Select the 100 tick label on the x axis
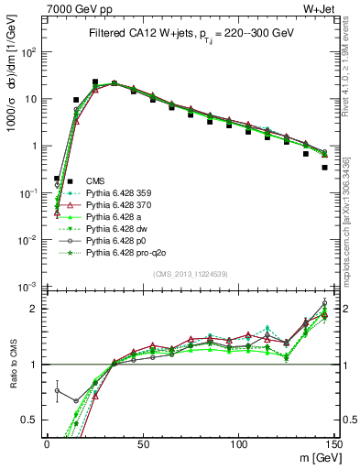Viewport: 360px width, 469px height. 238,443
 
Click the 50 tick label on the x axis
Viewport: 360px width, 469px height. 142,443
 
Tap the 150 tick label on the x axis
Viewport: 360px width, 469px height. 333,443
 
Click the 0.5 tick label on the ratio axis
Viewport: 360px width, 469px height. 30,420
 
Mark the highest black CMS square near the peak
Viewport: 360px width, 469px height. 95,82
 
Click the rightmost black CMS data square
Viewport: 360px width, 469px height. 325,168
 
